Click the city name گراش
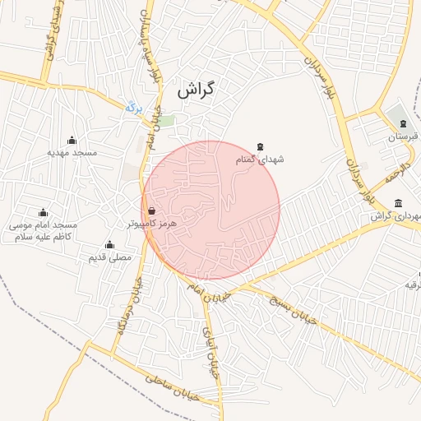coord(195,90)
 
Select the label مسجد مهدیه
coord(72,152)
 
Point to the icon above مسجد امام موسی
coord(43,212)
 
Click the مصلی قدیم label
coord(109,257)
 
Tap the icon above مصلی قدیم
coord(109,244)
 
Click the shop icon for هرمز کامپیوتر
coord(151,210)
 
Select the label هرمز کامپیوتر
coord(152,223)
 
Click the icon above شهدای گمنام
coord(261,146)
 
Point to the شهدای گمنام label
coord(260,160)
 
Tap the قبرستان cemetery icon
coord(403,123)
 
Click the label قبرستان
coord(403,136)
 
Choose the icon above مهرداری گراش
coord(398,203)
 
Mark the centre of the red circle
coord(211,210)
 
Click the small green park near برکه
coord(166,121)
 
